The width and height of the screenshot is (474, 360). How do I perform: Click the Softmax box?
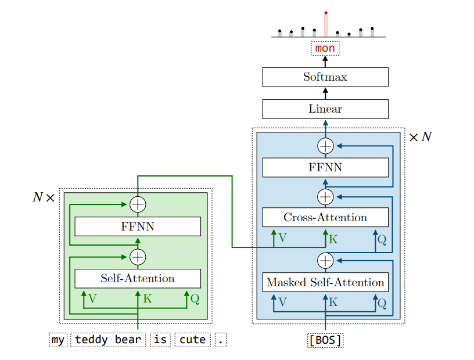pos(325,77)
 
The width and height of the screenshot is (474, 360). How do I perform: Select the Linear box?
pos(325,109)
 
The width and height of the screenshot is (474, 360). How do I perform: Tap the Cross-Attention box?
pos(325,217)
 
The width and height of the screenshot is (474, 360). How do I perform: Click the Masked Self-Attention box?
pos(325,282)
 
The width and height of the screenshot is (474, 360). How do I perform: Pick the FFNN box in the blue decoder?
pos(325,167)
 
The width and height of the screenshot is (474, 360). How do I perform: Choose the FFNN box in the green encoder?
pos(138,226)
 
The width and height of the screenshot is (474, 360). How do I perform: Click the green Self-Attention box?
pos(138,278)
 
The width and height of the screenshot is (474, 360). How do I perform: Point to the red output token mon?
pos(325,48)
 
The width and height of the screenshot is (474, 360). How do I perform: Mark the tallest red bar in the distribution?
pos(326,24)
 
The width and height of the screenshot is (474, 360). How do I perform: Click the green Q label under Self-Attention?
pos(195,299)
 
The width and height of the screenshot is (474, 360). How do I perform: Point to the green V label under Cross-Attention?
pos(282,238)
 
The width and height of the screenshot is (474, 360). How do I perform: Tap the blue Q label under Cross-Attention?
pos(382,239)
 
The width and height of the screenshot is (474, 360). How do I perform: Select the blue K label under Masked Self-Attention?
pos(333,303)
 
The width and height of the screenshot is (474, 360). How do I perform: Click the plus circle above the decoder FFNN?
pos(325,146)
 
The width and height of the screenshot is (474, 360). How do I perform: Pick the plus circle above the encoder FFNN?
pos(138,204)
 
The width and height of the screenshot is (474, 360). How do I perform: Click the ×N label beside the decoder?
pos(421,138)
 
